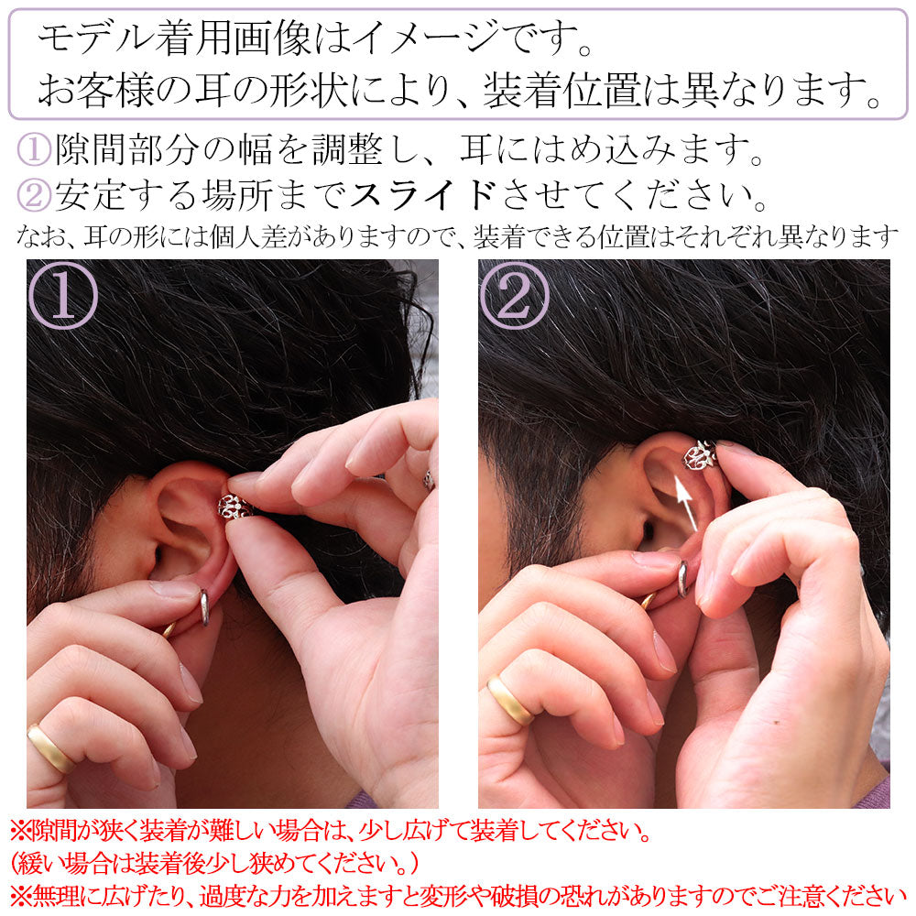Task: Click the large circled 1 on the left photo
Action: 63,296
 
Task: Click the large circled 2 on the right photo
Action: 515,296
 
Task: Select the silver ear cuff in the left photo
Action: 234,507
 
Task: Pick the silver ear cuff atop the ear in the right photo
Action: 699,455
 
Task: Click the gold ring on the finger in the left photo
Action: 51,749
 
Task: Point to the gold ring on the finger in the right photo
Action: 510,701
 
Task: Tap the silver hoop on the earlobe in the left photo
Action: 204,607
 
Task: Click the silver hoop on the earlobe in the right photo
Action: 682,579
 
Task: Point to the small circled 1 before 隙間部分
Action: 34,149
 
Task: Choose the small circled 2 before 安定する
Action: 34,196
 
